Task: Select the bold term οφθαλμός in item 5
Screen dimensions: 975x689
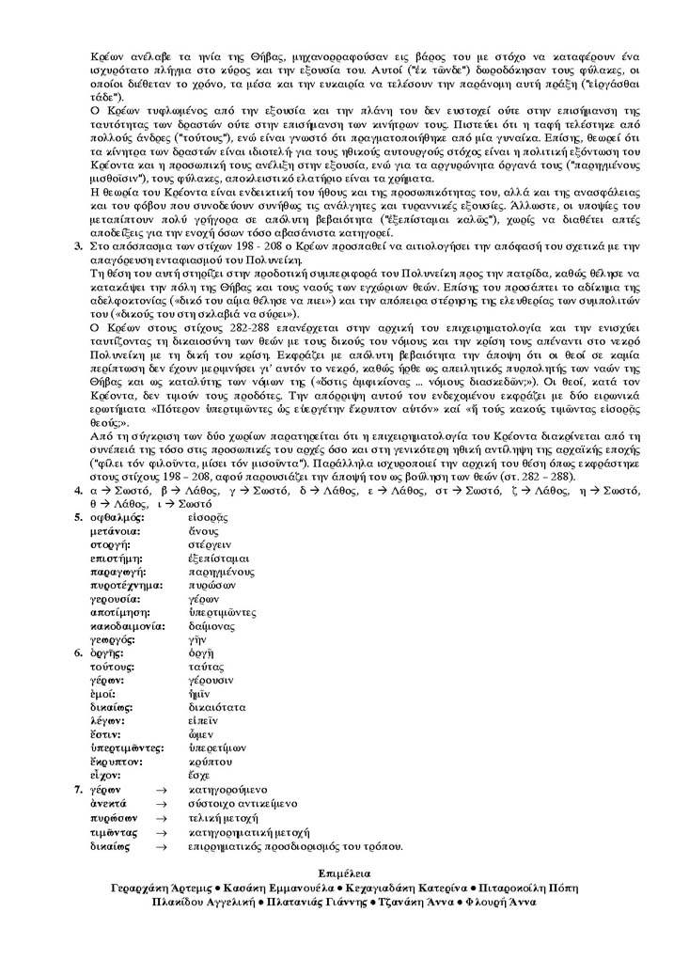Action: (117, 518)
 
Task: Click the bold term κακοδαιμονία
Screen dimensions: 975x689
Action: (128, 625)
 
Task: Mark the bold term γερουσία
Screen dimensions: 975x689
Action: (115, 599)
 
